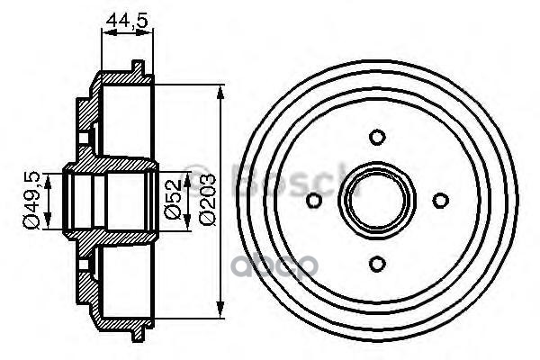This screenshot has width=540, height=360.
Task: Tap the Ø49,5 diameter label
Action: [x=31, y=199]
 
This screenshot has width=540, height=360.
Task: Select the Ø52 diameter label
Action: [x=172, y=200]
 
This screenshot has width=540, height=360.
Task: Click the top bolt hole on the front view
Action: [x=377, y=137]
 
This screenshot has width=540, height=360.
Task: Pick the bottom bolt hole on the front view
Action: [x=377, y=262]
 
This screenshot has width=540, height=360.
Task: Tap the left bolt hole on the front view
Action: [x=314, y=200]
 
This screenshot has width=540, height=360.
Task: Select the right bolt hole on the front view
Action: [x=440, y=200]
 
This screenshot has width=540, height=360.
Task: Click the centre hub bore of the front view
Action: [x=377, y=200]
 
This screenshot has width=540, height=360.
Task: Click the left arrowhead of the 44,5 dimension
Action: [x=102, y=35]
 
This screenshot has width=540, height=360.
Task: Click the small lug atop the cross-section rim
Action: [x=137, y=66]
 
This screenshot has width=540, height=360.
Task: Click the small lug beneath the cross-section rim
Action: [x=137, y=337]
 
